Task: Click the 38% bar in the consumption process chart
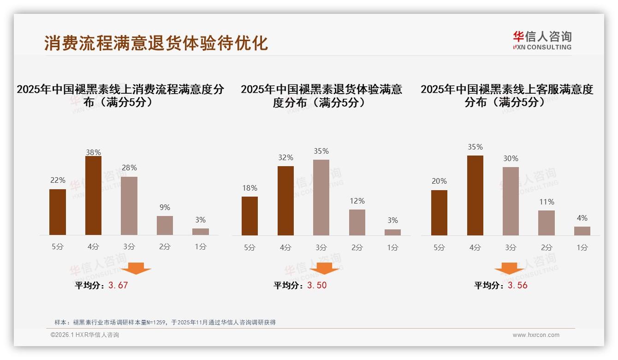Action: point(93,196)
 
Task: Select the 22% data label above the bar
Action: point(58,180)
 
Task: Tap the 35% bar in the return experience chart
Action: point(321,198)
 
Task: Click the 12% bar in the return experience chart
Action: point(357,222)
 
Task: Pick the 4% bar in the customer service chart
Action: point(582,231)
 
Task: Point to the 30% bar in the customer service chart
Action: point(511,201)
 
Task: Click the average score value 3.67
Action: point(118,285)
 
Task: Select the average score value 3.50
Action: point(317,285)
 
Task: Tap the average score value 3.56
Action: point(517,285)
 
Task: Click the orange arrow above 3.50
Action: point(324,268)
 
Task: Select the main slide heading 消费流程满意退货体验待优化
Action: point(156,43)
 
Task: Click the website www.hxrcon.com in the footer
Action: point(536,335)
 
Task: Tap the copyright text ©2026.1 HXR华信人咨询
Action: point(85,335)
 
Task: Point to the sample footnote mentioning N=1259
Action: point(165,322)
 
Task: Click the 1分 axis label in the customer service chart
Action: point(582,247)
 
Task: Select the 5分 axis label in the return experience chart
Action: point(250,247)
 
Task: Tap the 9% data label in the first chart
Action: point(165,207)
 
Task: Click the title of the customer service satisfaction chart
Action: point(506,96)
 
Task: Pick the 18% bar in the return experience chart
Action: point(250,216)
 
